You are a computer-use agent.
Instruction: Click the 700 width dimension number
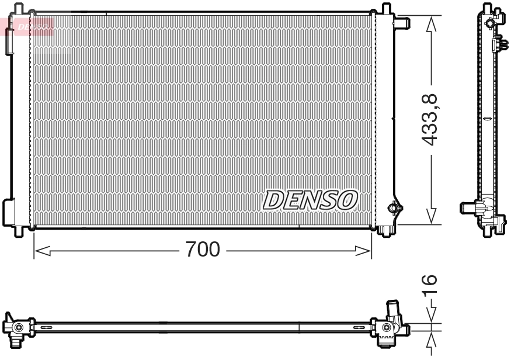(203, 251)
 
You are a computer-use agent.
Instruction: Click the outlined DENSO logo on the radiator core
(310, 200)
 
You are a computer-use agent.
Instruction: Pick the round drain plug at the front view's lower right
(395, 207)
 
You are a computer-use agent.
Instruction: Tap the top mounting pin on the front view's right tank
(386, 8)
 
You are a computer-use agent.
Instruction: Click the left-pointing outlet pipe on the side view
(468, 207)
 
